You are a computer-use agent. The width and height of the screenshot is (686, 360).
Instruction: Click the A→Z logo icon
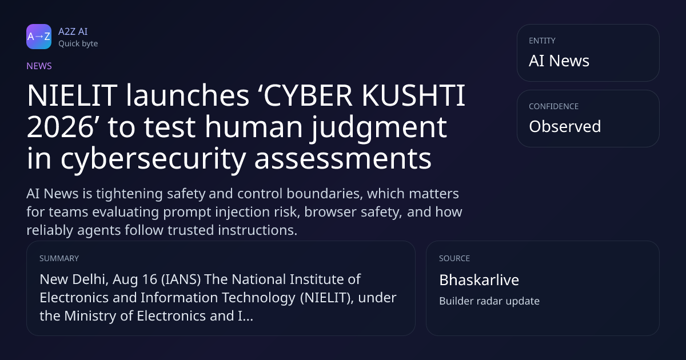point(39,37)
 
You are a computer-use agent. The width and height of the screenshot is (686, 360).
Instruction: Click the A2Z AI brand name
point(73,31)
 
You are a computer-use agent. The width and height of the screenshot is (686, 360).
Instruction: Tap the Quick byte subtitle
point(78,44)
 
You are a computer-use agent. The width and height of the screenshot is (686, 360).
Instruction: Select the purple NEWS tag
point(39,66)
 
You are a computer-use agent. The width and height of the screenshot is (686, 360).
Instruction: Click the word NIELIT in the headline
point(72,95)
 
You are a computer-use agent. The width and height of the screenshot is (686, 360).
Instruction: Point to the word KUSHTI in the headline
point(413,95)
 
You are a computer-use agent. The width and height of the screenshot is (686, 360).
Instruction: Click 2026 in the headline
point(60,127)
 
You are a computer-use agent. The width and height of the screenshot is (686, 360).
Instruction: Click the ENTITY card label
point(542,41)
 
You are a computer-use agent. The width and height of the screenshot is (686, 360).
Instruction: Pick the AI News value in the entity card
point(559,61)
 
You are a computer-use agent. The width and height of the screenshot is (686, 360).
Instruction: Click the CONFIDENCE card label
point(554,106)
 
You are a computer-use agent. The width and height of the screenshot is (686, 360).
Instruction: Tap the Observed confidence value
point(565,126)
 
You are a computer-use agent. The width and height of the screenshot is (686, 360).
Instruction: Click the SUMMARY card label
point(59,258)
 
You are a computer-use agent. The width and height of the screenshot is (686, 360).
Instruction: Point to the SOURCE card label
point(454,258)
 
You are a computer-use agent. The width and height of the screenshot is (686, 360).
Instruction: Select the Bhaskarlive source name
point(479,280)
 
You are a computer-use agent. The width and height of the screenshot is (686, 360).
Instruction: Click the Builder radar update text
point(489,301)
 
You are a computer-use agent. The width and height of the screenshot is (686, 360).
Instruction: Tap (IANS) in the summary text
point(181,279)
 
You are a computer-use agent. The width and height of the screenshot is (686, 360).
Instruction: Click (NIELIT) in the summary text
point(327,298)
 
